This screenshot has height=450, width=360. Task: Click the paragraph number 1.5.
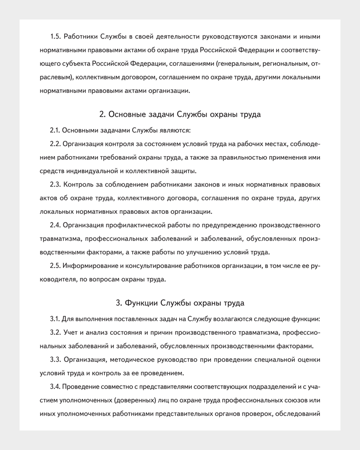click(x=55, y=36)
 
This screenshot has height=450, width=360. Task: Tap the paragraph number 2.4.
click(x=55, y=225)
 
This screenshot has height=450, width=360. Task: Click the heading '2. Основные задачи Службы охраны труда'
click(x=180, y=115)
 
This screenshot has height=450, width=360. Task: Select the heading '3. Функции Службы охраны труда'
click(x=180, y=303)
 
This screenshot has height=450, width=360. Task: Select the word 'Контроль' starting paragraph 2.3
click(x=78, y=184)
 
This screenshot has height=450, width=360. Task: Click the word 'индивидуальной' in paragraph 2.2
click(x=88, y=171)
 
